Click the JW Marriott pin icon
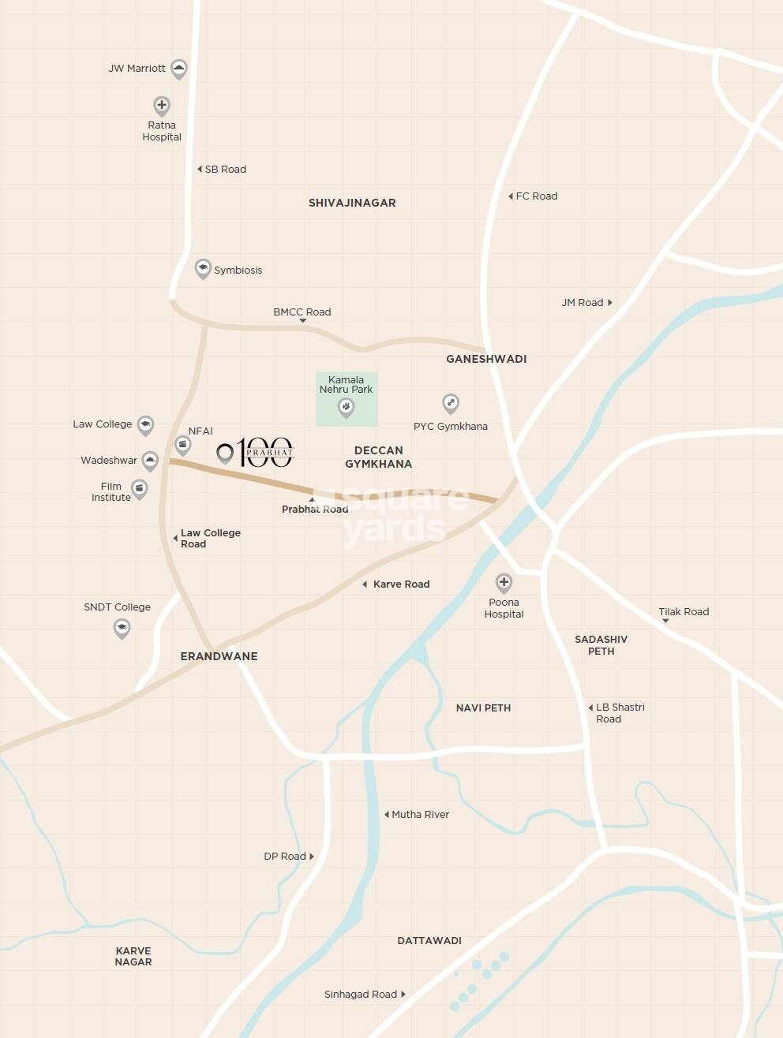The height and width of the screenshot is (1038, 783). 179,69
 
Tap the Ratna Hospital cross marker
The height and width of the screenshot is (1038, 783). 162,106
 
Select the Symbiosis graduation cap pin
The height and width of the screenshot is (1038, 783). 203,269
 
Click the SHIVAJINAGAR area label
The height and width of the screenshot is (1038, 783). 352,203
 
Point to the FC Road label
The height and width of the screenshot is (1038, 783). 536,196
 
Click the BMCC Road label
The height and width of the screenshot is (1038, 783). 302,312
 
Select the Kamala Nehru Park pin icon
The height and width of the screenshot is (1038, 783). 346,407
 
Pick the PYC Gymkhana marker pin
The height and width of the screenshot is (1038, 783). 451,404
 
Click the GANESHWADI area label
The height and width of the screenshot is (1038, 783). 486,359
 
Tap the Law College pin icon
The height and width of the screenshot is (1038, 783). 145,425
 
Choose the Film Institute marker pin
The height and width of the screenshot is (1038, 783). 140,490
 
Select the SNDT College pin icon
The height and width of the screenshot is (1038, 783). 122,629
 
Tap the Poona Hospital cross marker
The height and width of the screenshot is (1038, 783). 504,584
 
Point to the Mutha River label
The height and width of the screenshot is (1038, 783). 420,815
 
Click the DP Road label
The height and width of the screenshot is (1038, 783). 285,857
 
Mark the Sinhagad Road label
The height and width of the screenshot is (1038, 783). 361,995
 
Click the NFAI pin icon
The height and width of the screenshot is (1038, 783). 183,446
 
